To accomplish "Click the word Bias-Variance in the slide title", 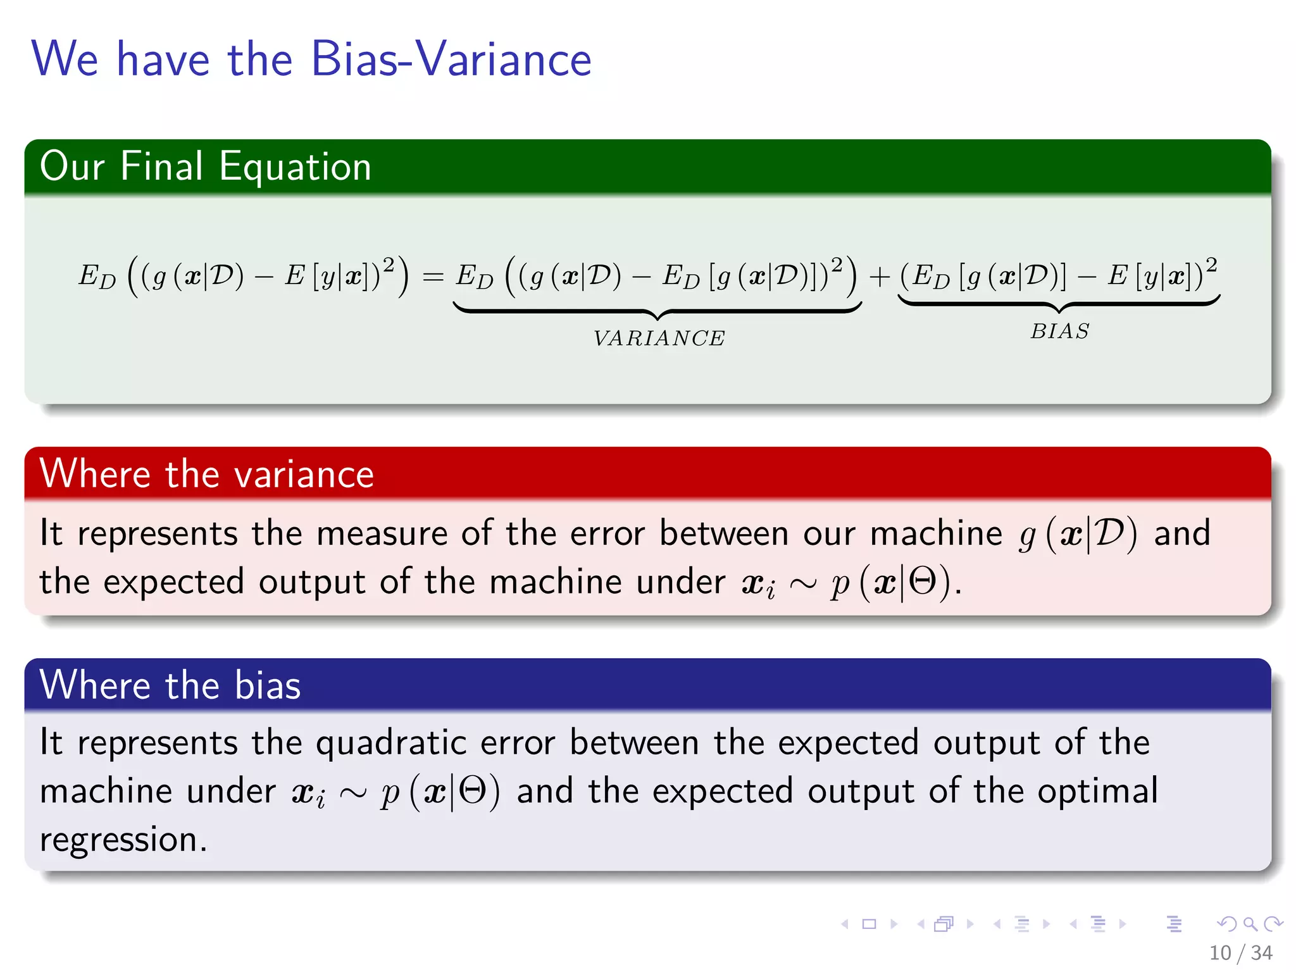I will (451, 59).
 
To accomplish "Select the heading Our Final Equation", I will (205, 166).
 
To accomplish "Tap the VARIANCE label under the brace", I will (659, 339).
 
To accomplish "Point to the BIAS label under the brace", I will (1059, 332).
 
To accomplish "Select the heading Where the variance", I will (206, 474).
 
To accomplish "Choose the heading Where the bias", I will (170, 685).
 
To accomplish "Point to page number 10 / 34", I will (1240, 952).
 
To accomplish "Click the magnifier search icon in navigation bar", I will (1250, 924).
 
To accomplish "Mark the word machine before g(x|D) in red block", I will (936, 533).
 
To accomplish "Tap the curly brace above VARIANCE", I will (657, 311).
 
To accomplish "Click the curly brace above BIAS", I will (1059, 304).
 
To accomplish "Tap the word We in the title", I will (65, 59).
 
